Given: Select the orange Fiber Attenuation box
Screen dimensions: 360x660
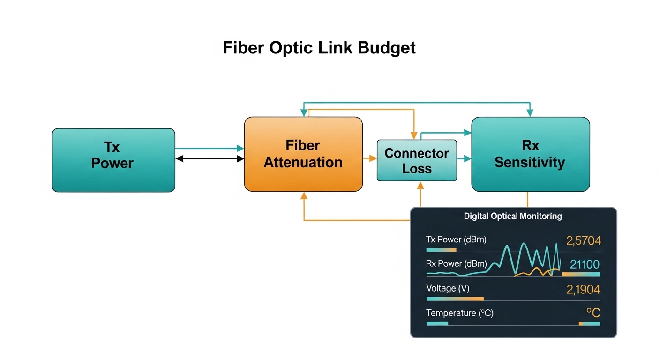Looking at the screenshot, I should (303, 154).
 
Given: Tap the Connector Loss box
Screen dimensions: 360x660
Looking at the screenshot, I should (417, 160).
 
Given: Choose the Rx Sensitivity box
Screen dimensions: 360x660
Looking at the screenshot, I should (530, 154).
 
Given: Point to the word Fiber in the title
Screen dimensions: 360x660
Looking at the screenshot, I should (245, 48).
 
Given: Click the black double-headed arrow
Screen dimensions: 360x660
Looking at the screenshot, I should (210, 159).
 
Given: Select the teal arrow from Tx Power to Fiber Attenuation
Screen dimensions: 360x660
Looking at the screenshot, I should (210, 148).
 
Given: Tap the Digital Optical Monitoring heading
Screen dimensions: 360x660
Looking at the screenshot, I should (513, 216).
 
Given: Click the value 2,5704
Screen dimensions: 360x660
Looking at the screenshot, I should (583, 241).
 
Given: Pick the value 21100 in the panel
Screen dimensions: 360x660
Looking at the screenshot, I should (585, 264).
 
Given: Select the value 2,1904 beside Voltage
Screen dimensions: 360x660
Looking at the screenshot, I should (583, 290).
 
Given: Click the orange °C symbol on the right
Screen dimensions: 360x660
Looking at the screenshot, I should (593, 313).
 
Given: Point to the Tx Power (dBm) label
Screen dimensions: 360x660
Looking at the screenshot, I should (456, 240).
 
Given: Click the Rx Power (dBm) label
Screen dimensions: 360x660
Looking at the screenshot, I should (456, 263).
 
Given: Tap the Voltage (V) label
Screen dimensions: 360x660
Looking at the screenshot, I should (447, 288).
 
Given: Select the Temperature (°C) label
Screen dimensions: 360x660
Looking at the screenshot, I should (459, 313).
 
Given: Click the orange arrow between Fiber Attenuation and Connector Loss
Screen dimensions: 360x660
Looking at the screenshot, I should (370, 159).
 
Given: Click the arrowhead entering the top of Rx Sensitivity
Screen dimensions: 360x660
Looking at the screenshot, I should (530, 113).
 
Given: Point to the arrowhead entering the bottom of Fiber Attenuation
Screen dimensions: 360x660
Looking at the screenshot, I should (304, 195).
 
